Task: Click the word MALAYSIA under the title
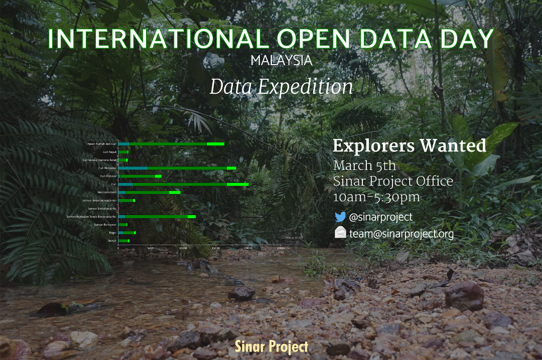tap(281, 61)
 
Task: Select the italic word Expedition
tap(306, 87)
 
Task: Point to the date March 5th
tap(364, 165)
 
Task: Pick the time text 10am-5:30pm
tap(376, 197)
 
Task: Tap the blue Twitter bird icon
tap(340, 217)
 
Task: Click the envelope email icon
tap(340, 233)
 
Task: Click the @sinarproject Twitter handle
tap(380, 217)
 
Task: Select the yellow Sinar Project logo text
tap(272, 346)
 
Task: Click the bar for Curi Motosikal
tap(177, 168)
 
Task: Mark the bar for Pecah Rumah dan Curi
tap(171, 144)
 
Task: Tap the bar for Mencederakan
tap(149, 192)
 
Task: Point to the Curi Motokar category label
tap(108, 176)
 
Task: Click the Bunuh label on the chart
tap(112, 241)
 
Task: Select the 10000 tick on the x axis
tap(183, 248)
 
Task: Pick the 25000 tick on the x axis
tap(281, 248)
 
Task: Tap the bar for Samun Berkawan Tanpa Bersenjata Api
tap(157, 217)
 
